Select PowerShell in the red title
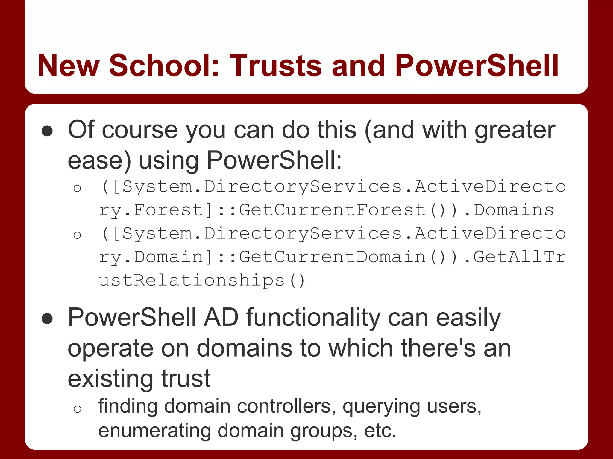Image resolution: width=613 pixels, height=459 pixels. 477,65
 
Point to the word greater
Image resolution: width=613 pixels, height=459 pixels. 515,130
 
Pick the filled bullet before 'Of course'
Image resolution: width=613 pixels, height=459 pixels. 47,131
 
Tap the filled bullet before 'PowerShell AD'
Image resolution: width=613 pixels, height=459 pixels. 47,319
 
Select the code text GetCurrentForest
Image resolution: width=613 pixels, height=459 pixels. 332,210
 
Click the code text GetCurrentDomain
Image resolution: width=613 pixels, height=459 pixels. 332,257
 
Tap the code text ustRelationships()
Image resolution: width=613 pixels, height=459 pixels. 202,280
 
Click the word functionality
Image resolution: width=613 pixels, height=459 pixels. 313,318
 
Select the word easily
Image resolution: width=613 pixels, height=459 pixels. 468,318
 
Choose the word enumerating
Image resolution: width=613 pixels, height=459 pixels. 154,431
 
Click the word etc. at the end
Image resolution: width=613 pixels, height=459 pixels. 380,431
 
